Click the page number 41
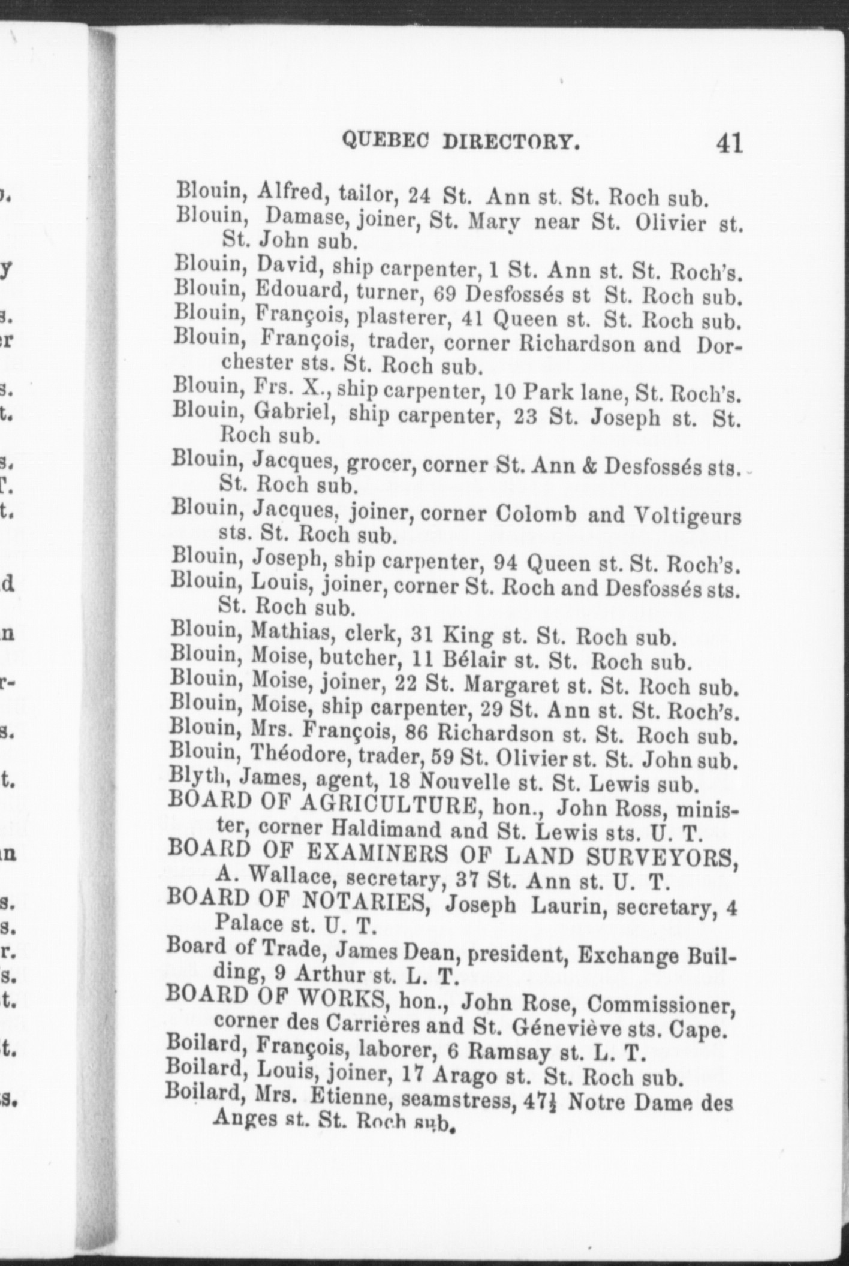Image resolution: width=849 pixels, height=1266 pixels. pyautogui.click(x=728, y=144)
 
